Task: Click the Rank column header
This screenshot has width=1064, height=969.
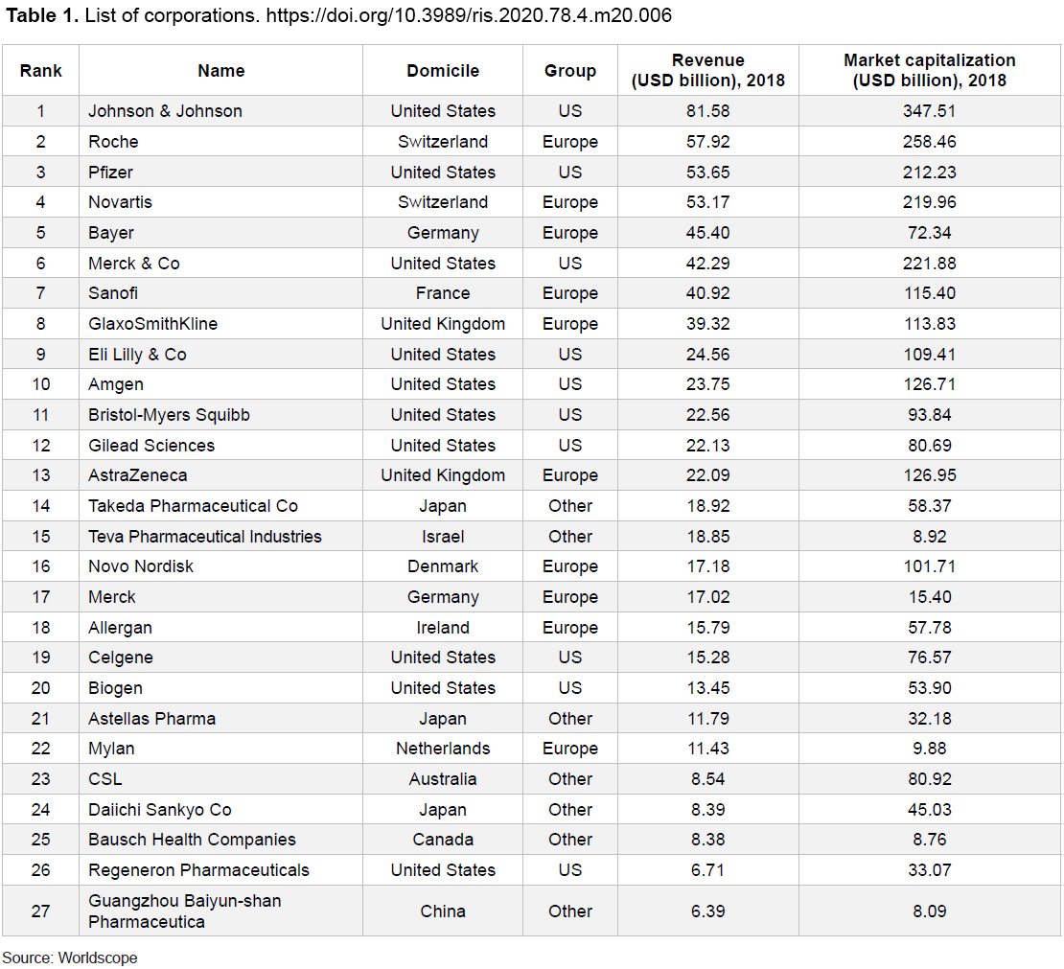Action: [x=40, y=71]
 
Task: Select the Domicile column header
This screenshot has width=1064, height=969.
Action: [x=443, y=71]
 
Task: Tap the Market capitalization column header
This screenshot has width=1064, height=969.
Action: [x=930, y=70]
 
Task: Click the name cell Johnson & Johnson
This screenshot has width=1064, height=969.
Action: [x=165, y=110]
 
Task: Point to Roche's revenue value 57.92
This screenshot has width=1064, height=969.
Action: [x=707, y=141]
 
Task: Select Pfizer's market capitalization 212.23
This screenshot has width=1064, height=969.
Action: [x=930, y=172]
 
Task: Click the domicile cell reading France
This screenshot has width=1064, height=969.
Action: [x=443, y=293]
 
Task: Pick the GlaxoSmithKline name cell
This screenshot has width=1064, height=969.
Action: [x=152, y=324]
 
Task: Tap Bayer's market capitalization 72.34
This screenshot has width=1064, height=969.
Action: [x=930, y=233]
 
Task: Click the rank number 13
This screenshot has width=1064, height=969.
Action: [x=40, y=475]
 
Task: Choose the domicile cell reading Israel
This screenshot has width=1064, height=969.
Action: [x=443, y=536]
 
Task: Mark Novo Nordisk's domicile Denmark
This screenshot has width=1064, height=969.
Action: [x=443, y=565]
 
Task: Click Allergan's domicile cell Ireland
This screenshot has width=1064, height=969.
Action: [x=443, y=627]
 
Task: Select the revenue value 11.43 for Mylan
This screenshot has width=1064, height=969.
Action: [x=707, y=749]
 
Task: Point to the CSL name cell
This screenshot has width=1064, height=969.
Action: [x=105, y=778]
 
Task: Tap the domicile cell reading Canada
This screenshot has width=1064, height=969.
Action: [x=443, y=840]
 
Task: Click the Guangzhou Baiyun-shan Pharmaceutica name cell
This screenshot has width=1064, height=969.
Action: [x=185, y=911]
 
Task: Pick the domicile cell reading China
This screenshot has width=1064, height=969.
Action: [x=443, y=911]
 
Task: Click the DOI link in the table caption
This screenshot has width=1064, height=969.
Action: [x=469, y=15]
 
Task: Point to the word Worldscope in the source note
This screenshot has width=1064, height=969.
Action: [x=98, y=957]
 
